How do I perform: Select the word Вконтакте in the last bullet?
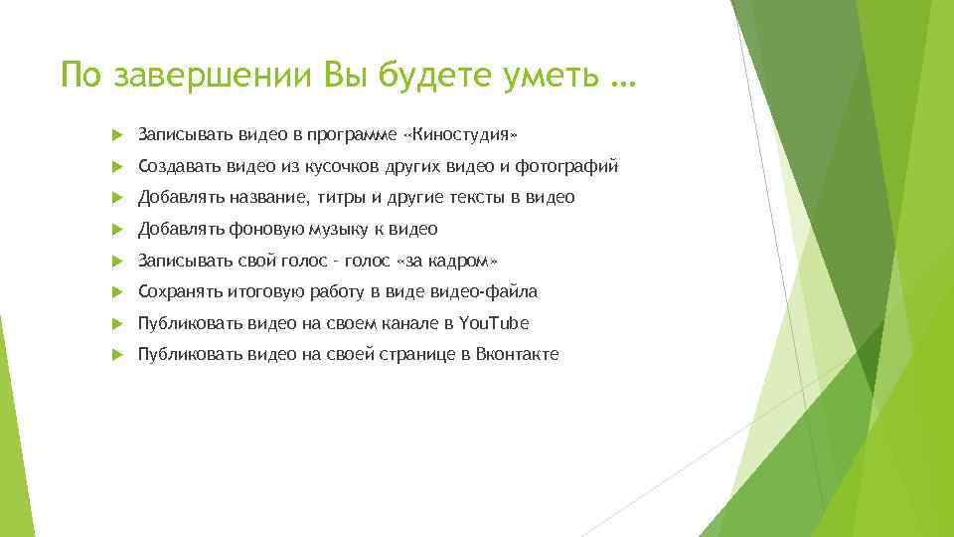pyautogui.click(x=518, y=354)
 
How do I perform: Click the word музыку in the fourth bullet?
pyautogui.click(x=335, y=229)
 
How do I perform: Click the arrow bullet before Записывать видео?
pyautogui.click(x=116, y=134)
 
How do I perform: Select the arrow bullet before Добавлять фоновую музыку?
pyautogui.click(x=116, y=229)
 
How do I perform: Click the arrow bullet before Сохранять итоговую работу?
pyautogui.click(x=116, y=291)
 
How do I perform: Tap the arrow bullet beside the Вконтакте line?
pyautogui.click(x=116, y=354)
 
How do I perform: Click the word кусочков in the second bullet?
pyautogui.click(x=316, y=166)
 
